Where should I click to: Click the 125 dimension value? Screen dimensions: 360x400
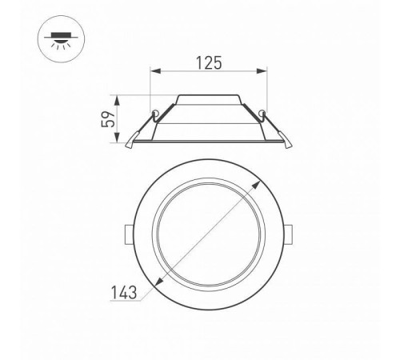tap(208, 62)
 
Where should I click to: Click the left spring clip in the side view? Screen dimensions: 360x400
tap(141, 128)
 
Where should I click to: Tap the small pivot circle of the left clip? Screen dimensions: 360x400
tap(153, 110)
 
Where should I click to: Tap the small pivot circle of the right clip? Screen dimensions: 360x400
tap(262, 110)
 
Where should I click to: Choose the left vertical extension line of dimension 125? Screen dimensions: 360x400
tap(151, 88)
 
